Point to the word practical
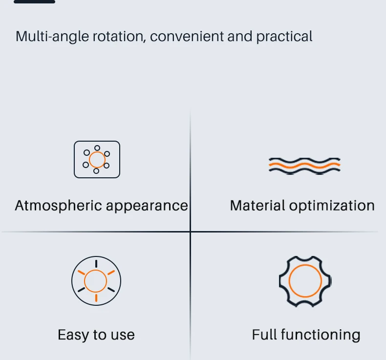pyautogui.click(x=284, y=37)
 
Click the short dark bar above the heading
pyautogui.click(x=34, y=1)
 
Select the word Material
pyautogui.click(x=257, y=206)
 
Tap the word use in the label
pyautogui.click(x=122, y=335)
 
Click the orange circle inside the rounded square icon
pyautogui.click(x=97, y=159)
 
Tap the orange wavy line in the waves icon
pyautogui.click(x=304, y=166)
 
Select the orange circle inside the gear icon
pyautogui.click(x=305, y=281)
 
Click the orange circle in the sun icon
pyautogui.click(x=96, y=281)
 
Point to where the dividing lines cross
pyautogui.click(x=190, y=231)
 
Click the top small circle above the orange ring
pyautogui.click(x=97, y=148)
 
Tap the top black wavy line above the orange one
pyautogui.click(x=304, y=160)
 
